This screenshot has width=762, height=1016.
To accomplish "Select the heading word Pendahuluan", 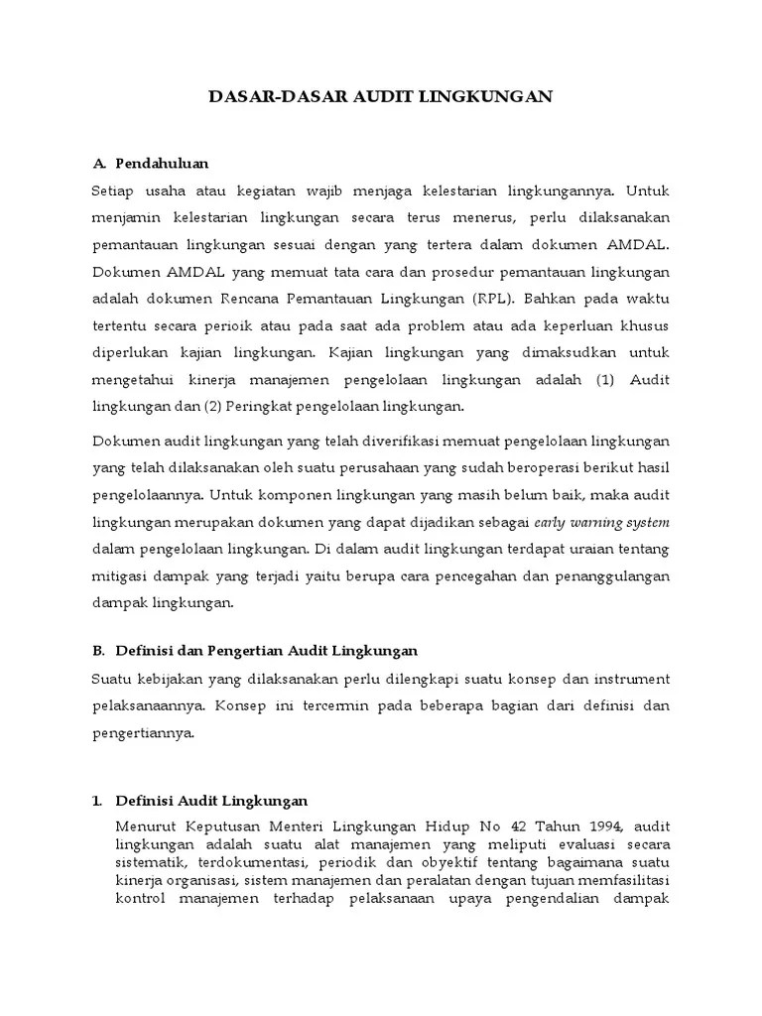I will click(x=162, y=163).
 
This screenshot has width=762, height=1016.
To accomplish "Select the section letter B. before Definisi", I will click(x=98, y=651).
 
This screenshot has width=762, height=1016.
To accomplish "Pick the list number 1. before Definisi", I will click(x=98, y=800).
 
